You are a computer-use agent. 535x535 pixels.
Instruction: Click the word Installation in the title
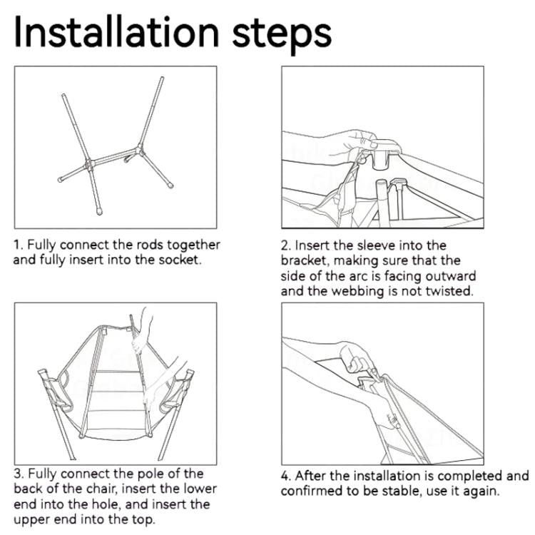(x=116, y=32)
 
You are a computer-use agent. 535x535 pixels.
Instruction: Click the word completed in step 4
(x=469, y=477)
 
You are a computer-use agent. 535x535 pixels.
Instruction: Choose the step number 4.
(x=285, y=476)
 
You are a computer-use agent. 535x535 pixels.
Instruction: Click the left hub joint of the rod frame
(x=90, y=165)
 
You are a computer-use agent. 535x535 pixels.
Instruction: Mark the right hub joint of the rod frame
(x=138, y=150)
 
